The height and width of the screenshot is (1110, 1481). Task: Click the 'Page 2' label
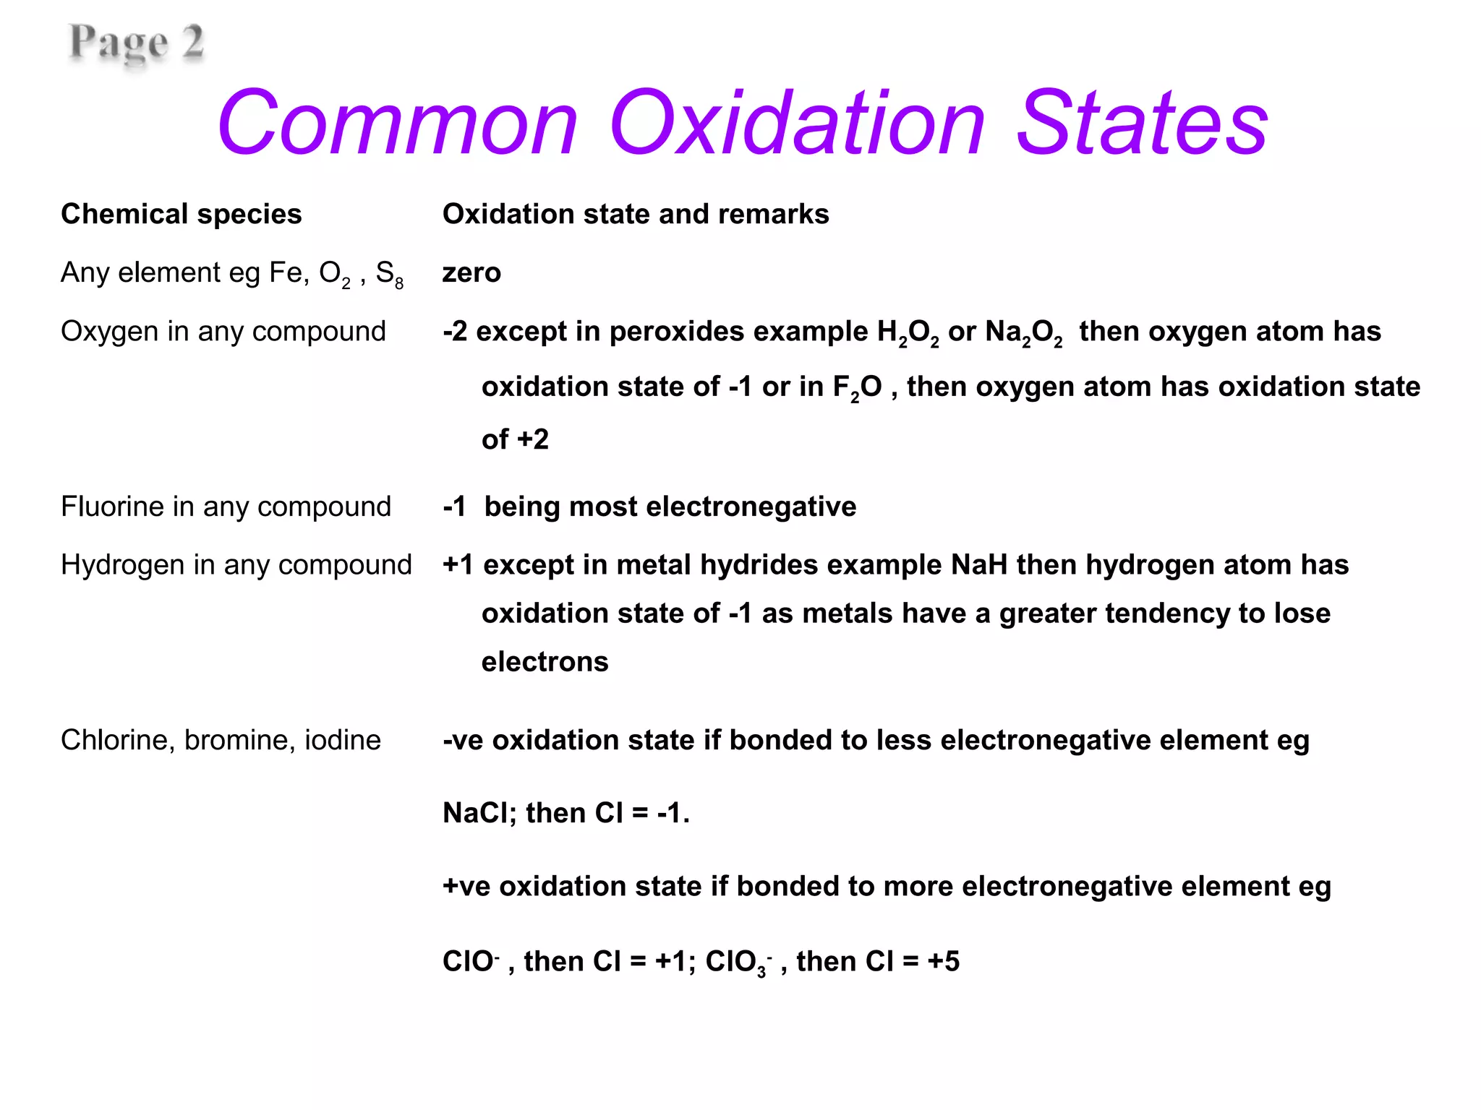point(136,43)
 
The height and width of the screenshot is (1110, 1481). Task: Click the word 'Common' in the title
point(398,124)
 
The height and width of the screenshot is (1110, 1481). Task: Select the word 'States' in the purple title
point(1142,124)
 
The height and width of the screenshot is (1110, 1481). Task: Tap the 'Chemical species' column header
point(181,215)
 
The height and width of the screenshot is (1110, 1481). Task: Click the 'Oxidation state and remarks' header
point(636,215)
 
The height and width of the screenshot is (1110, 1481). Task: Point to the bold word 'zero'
point(471,273)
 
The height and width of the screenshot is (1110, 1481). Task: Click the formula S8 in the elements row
point(389,275)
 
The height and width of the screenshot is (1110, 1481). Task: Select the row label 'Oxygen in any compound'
point(223,332)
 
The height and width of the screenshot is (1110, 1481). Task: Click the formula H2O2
point(908,333)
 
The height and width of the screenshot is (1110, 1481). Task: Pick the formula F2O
point(857,388)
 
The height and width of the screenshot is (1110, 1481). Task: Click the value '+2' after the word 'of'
point(533,439)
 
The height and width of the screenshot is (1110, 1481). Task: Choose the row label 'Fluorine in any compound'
point(226,507)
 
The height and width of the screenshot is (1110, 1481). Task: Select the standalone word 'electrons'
point(545,662)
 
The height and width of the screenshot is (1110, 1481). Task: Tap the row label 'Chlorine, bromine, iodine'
point(221,741)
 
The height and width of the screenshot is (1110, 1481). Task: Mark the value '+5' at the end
point(944,962)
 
